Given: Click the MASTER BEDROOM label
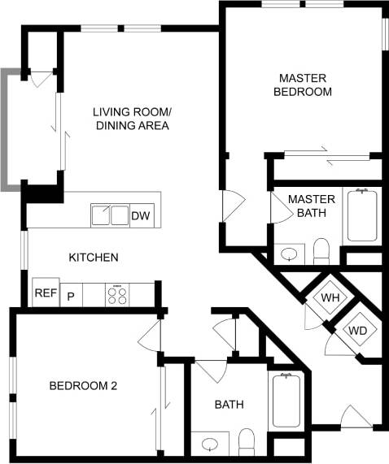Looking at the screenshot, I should [303, 85].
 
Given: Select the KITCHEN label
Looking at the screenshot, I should [94, 258].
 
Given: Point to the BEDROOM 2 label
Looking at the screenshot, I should [83, 386].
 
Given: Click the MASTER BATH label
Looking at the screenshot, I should [306, 206].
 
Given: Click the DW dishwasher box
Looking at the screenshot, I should [141, 215].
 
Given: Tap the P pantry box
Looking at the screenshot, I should [71, 295].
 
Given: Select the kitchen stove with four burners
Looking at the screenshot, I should [117, 294].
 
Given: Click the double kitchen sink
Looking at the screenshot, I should [110, 215].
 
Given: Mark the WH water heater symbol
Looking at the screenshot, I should [330, 298].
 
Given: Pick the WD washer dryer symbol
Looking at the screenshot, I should [357, 331].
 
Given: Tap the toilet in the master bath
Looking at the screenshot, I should [321, 250].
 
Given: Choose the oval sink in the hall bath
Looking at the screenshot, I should [211, 444].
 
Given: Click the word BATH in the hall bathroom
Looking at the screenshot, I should [229, 405].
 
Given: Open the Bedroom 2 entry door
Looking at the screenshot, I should [150, 330].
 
